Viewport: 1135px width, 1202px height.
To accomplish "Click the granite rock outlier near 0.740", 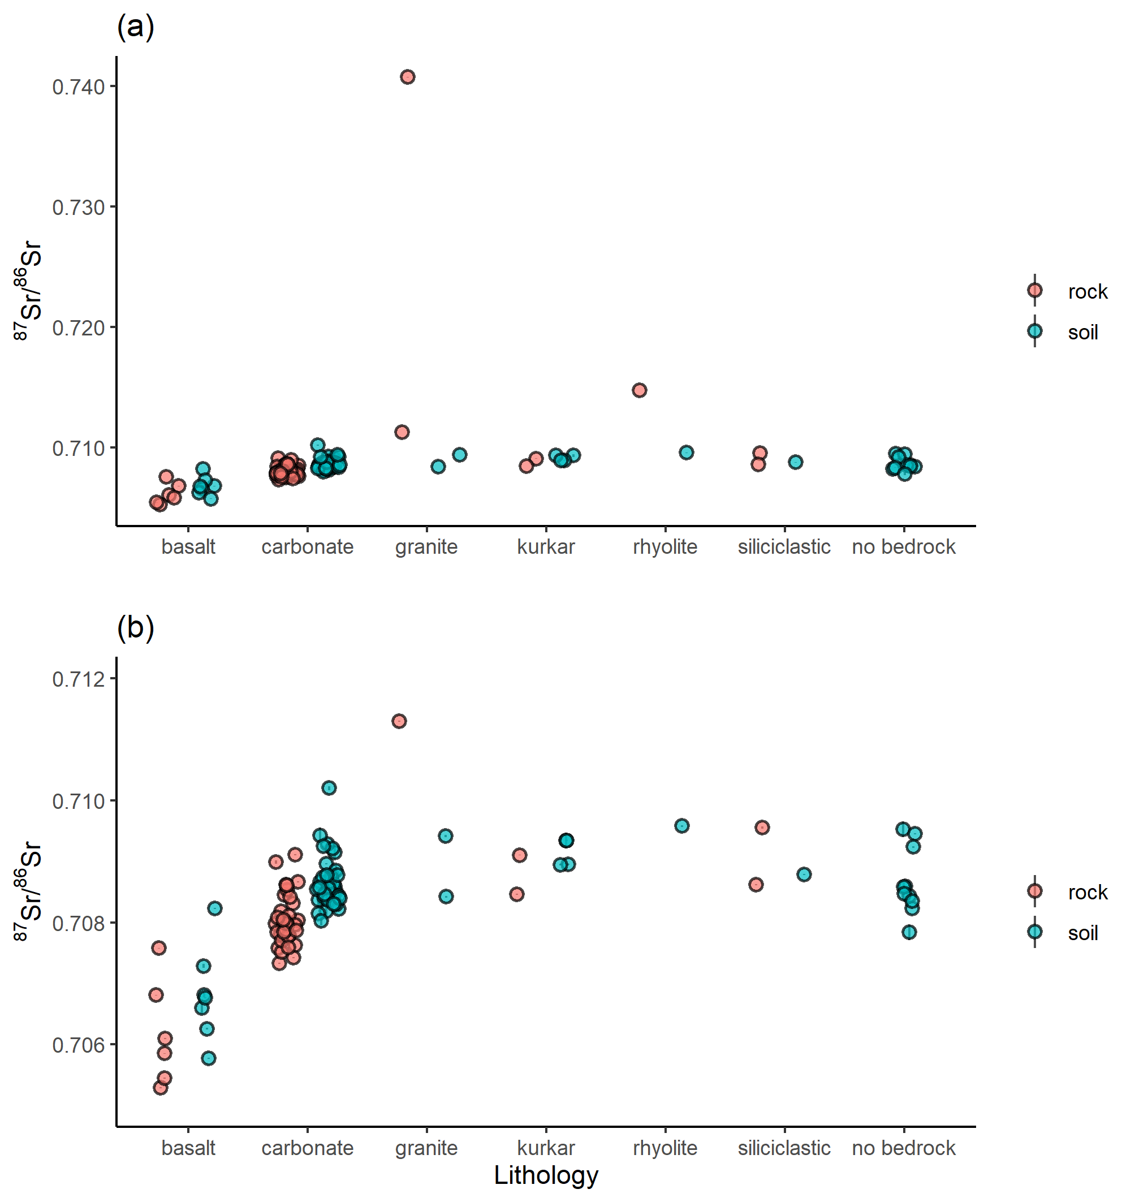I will (x=408, y=77).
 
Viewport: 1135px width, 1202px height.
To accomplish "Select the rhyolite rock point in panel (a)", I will (x=640, y=390).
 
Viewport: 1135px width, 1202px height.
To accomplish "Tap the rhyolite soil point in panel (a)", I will (x=686, y=452).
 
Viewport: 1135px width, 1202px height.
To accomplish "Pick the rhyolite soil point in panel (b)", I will (x=682, y=825).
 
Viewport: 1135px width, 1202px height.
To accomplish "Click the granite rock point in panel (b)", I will (x=399, y=721).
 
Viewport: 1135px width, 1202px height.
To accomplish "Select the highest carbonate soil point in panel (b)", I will (x=329, y=787).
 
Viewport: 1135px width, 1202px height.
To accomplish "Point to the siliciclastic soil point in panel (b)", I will (x=804, y=874).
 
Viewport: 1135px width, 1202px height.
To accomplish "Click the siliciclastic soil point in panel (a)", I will (x=796, y=462).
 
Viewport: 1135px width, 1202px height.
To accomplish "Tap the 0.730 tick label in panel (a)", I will (x=79, y=208).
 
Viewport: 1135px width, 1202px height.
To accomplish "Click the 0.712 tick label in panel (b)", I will (x=79, y=679).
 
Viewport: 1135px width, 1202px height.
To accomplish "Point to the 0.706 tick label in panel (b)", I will (x=79, y=1045).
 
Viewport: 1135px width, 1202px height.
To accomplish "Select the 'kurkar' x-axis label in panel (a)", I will (x=546, y=546).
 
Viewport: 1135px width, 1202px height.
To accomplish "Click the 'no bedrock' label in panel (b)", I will (x=903, y=1148).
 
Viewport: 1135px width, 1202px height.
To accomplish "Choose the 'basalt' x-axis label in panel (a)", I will (x=188, y=546).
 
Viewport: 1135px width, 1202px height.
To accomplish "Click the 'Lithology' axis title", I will (x=546, y=1175).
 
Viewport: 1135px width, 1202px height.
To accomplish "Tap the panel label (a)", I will (x=136, y=27).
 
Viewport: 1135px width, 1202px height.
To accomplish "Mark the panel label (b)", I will (x=136, y=627).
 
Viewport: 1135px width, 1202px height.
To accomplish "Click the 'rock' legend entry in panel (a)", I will (x=1086, y=292).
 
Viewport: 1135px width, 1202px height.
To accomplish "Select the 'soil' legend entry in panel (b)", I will (x=1082, y=933).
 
